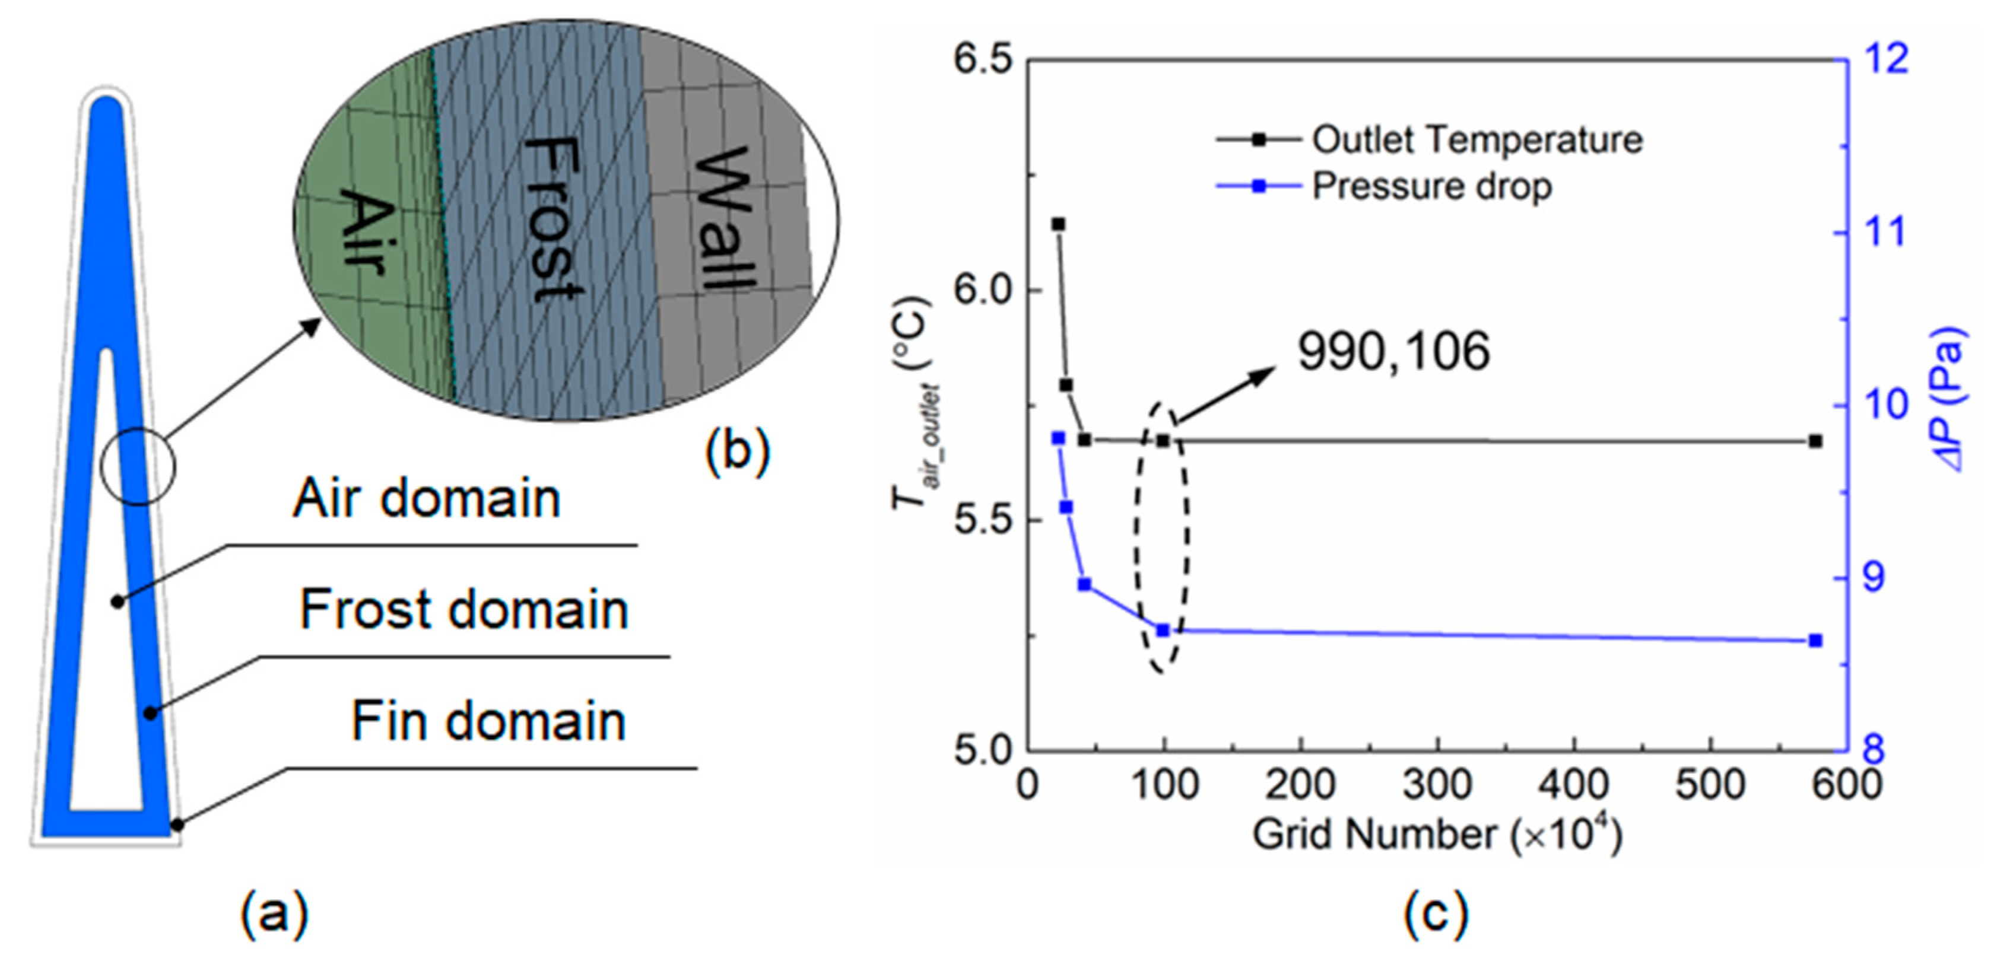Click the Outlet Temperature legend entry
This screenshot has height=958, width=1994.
pos(1476,140)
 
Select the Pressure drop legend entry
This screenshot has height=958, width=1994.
pos(1431,186)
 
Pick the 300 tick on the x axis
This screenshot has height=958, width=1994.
pos(1437,785)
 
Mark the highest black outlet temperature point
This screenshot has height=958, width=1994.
pos(1058,224)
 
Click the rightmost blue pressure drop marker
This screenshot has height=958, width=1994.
pos(1815,641)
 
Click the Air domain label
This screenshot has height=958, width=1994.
pos(427,498)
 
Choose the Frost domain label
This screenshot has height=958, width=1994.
pos(463,610)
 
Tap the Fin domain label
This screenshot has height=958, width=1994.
pos(488,721)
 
